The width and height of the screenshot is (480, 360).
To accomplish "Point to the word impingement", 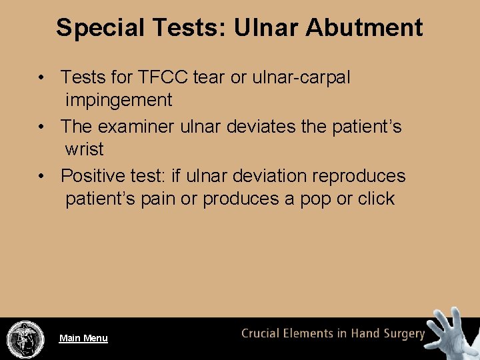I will point(119,100).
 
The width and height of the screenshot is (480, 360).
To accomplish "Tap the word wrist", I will point(84,149).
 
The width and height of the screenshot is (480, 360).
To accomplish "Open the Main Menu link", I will point(83,338).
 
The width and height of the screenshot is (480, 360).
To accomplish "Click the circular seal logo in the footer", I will point(25,339).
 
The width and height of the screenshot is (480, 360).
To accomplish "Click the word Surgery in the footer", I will point(402,333).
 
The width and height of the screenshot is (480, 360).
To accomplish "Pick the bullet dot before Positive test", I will point(41,176).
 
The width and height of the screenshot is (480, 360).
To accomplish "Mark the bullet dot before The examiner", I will point(41,126).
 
